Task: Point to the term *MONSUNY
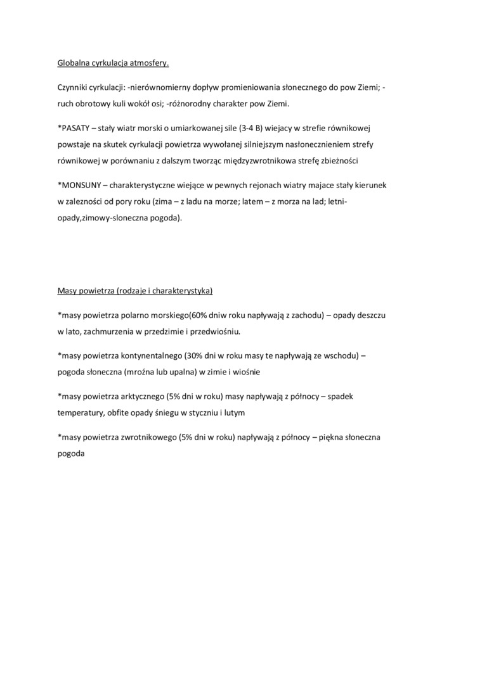click(79, 185)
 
